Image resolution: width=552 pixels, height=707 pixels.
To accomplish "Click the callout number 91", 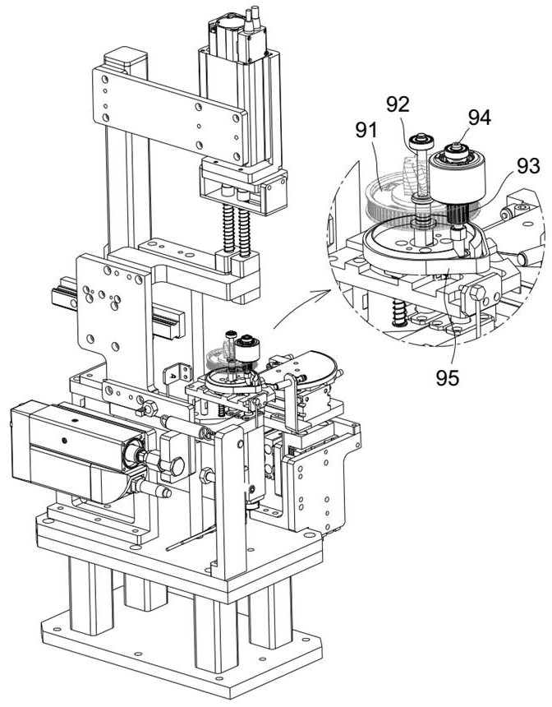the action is coord(366,131).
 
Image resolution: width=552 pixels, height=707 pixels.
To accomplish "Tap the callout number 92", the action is coord(398,104).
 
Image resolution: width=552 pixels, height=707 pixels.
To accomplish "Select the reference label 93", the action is coord(528,166).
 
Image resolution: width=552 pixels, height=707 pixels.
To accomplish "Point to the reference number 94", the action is coord(480,118).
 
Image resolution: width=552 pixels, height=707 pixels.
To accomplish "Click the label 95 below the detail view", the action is coord(448,378).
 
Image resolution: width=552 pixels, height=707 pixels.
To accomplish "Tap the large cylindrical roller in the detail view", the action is coord(457,179).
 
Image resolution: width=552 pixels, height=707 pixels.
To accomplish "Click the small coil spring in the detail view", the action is coord(398,313).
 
